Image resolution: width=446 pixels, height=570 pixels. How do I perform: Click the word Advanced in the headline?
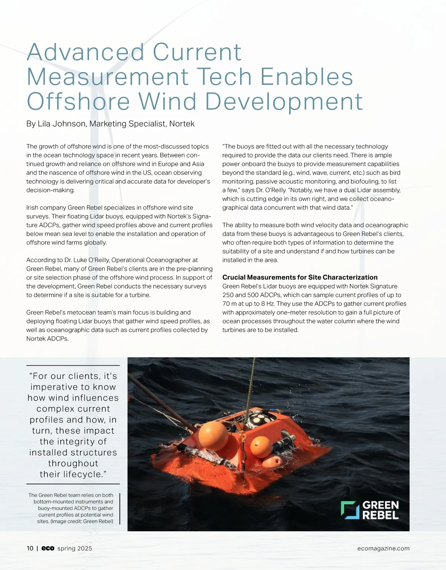pyautogui.click(x=85, y=52)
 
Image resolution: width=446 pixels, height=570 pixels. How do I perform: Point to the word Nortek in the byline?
pyautogui.click(x=182, y=124)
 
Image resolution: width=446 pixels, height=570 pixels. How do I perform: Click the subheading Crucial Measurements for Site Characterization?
pyautogui.click(x=300, y=277)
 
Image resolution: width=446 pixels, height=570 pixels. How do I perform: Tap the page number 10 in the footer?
pyautogui.click(x=30, y=548)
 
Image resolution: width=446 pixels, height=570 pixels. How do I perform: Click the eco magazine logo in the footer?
pyautogui.click(x=48, y=548)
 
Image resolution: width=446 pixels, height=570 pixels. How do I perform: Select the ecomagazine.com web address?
pyautogui.click(x=383, y=548)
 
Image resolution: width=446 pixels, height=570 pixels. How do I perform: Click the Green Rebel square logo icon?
pyautogui.click(x=350, y=510)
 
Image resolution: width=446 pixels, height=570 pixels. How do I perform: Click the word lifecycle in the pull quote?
pyautogui.click(x=81, y=474)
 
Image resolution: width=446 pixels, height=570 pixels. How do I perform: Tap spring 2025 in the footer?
pyautogui.click(x=75, y=548)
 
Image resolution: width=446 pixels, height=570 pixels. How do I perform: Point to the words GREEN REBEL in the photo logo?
pyautogui.click(x=380, y=510)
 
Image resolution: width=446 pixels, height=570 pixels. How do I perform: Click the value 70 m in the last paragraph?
pyautogui.click(x=229, y=304)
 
